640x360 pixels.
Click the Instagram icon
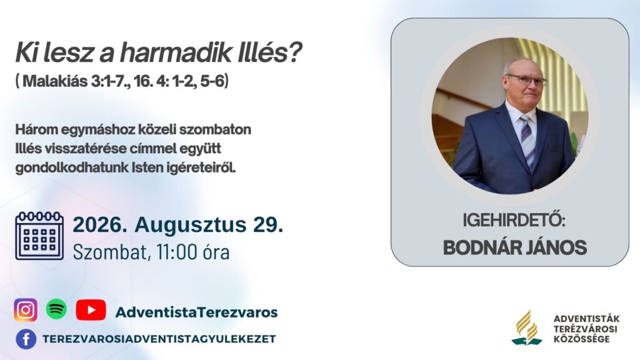coord(26,310)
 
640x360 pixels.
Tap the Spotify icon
coord(56,309)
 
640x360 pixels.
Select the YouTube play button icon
coord(91,310)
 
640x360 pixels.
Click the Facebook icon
coord(26,339)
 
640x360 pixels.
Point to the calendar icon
coord(39,236)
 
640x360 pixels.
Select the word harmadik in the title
coord(176,52)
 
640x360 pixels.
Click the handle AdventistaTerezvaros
coord(196,312)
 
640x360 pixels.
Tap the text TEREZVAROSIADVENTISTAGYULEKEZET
coord(159,339)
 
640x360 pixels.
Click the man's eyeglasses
coord(527,79)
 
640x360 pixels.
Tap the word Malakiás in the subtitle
coord(56,81)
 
